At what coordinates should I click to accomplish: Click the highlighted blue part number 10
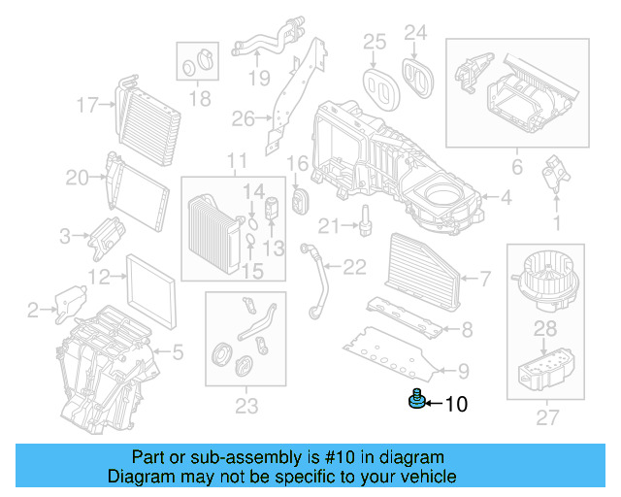coord(416,400)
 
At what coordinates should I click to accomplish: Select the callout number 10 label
coord(455,403)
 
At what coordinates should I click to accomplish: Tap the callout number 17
coord(88,104)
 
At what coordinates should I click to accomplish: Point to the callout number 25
coord(375,41)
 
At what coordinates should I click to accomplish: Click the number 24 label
coord(415,34)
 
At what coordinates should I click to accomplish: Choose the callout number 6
coord(517,168)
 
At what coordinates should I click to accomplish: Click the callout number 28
coord(546,329)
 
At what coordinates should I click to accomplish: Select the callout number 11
coord(237,160)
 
